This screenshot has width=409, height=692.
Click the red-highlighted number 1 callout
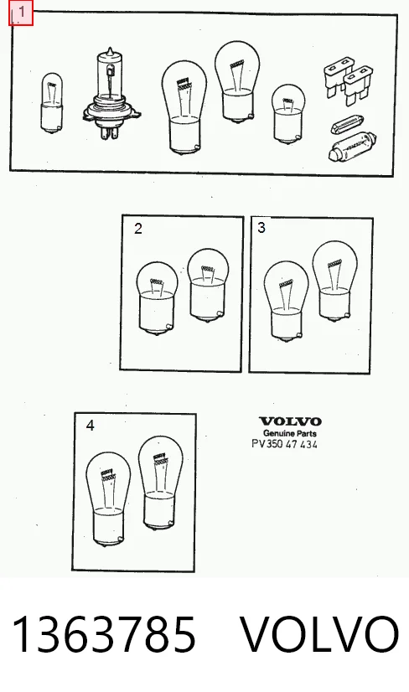pyautogui.click(x=21, y=13)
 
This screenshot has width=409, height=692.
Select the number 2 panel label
pyautogui.click(x=138, y=229)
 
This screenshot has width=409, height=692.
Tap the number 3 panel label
pyautogui.click(x=261, y=228)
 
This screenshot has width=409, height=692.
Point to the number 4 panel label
pyautogui.click(x=91, y=426)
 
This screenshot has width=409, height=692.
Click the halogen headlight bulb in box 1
pyautogui.click(x=111, y=95)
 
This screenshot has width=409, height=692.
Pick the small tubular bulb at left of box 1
pyautogui.click(x=52, y=103)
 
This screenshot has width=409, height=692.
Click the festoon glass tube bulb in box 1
pyautogui.click(x=353, y=147)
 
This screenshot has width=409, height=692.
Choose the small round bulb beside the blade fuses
pyautogui.click(x=288, y=114)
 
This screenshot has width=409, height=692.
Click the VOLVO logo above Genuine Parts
pyautogui.click(x=290, y=421)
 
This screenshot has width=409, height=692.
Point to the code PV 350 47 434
pyautogui.click(x=284, y=444)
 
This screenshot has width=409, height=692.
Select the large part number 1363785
pyautogui.click(x=104, y=635)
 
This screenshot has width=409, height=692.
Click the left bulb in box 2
pyautogui.click(x=158, y=299)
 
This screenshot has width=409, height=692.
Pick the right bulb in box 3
pyautogui.click(x=334, y=281)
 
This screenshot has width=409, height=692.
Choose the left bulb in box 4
pyautogui.click(x=108, y=499)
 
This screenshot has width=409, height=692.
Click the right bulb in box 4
pyautogui.click(x=160, y=483)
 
